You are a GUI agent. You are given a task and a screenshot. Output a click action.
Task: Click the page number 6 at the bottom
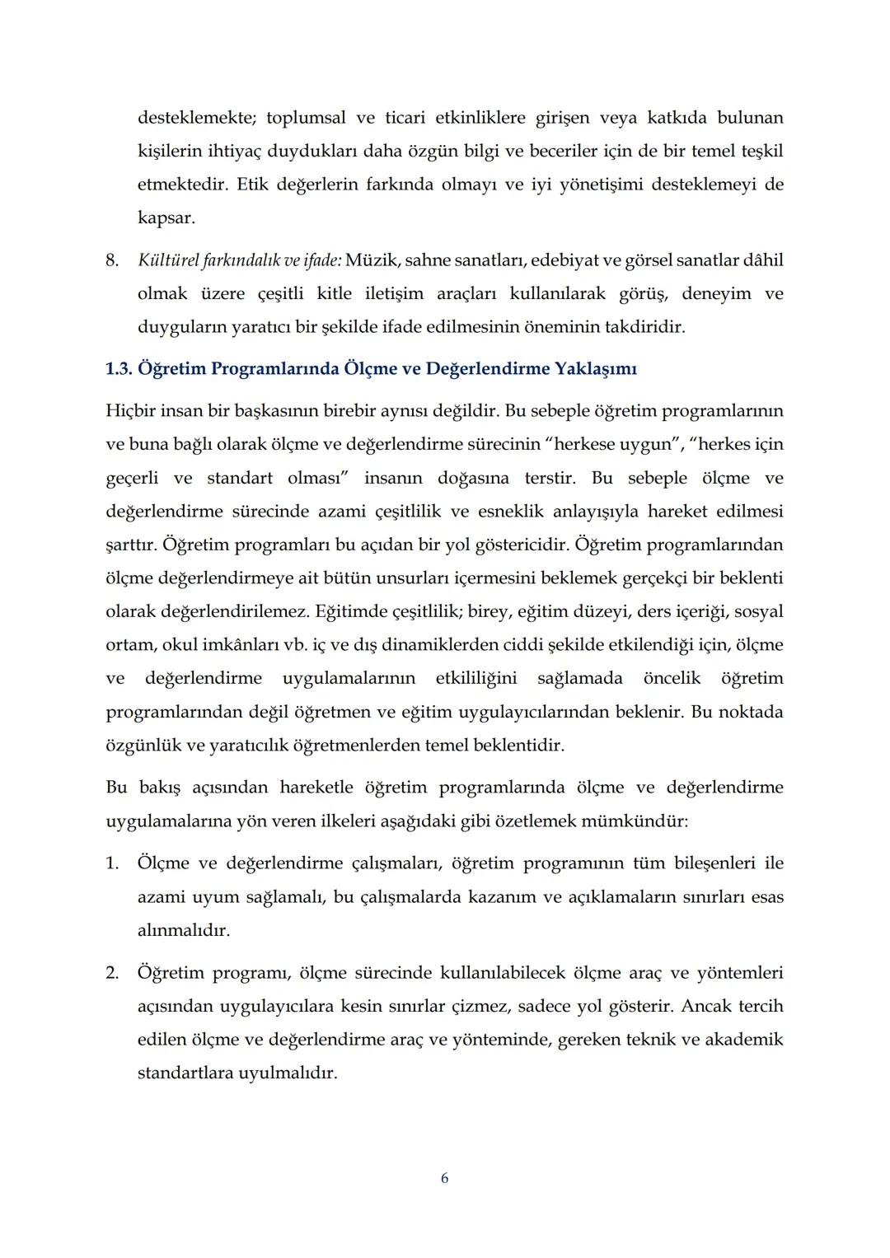tap(445, 1178)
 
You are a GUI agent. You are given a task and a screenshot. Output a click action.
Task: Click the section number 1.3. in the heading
tap(119, 368)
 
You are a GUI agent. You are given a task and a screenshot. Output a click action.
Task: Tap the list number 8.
tap(112, 260)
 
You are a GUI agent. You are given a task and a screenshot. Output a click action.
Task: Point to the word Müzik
tap(371, 260)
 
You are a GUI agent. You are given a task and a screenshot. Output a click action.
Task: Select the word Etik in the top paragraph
tap(251, 185)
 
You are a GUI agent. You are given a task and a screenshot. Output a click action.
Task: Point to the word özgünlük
tap(143, 746)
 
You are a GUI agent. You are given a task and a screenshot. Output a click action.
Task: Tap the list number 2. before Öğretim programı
tap(112, 973)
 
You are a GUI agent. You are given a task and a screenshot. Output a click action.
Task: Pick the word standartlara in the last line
tap(185, 1073)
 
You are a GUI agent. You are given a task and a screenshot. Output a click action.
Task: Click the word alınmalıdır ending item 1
tap(184, 931)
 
